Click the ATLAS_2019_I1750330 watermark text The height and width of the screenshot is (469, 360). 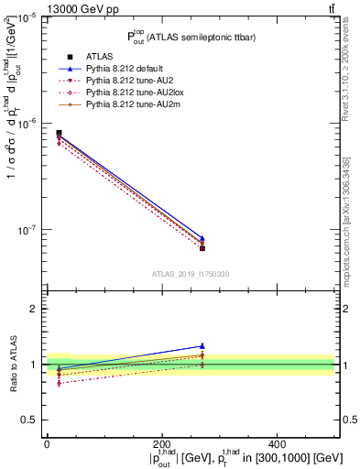(191, 274)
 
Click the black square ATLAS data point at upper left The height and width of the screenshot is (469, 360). (59, 133)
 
